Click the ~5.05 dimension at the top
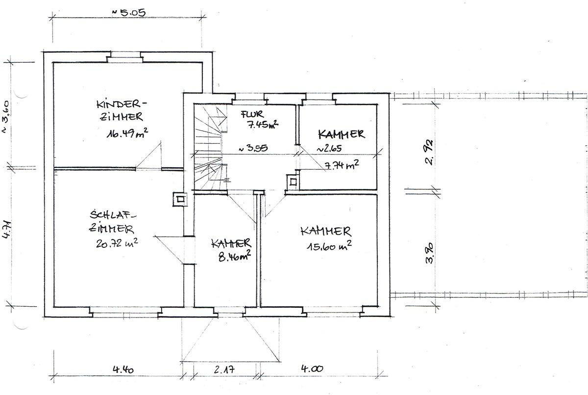128,12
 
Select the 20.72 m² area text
117,243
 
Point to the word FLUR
252,114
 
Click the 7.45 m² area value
263,124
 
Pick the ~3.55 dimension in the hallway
253,148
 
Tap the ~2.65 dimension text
329,149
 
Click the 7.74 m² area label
342,165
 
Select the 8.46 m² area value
234,256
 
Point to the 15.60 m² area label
329,246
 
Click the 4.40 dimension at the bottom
123,369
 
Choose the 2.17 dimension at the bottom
224,369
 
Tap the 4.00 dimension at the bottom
312,369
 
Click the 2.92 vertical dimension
429,152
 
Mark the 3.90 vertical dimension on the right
429,253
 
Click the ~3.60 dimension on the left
6,116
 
